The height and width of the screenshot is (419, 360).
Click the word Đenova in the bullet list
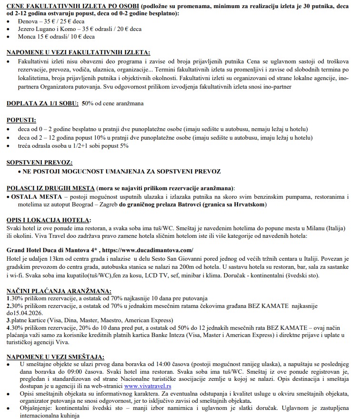point(28,21)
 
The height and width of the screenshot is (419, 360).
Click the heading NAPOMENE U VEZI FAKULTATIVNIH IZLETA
point(78,52)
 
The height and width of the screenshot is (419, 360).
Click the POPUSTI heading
point(21,121)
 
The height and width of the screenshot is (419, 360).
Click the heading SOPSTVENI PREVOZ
point(40,163)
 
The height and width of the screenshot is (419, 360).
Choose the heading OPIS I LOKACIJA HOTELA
point(48,220)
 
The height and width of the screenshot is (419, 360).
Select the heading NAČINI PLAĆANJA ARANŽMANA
point(59,290)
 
